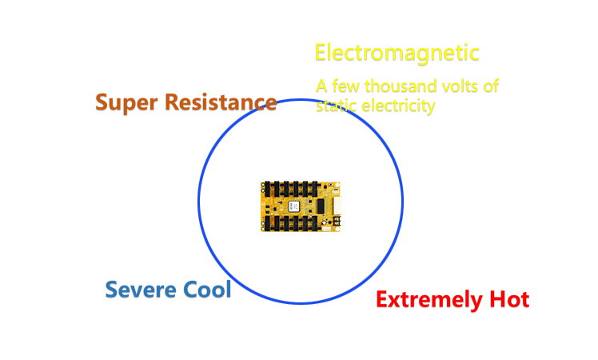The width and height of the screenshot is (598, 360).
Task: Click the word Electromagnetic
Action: tap(397, 53)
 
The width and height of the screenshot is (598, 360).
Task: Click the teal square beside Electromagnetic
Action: tap(304, 53)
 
